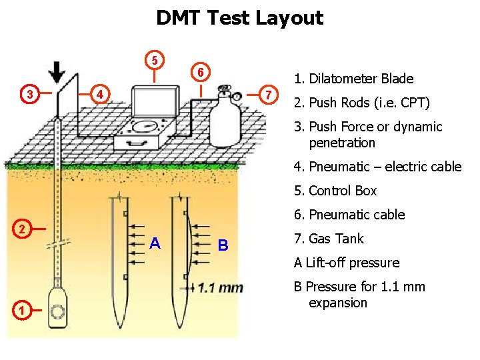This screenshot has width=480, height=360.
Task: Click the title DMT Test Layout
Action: tap(239, 18)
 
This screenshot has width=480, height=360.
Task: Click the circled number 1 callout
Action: tap(22, 310)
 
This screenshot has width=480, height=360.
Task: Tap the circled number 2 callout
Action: tap(22, 229)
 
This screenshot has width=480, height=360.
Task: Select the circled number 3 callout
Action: tap(29, 94)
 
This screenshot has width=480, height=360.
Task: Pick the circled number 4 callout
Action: tap(99, 94)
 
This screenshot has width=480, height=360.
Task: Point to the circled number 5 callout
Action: tap(154, 60)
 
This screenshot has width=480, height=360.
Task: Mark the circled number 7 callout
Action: tap(267, 94)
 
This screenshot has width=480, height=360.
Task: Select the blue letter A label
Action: tap(155, 243)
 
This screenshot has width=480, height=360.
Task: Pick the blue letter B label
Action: tap(223, 245)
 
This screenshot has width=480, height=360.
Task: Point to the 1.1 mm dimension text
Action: tap(220, 288)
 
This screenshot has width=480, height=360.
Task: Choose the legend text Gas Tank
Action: tap(338, 239)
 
